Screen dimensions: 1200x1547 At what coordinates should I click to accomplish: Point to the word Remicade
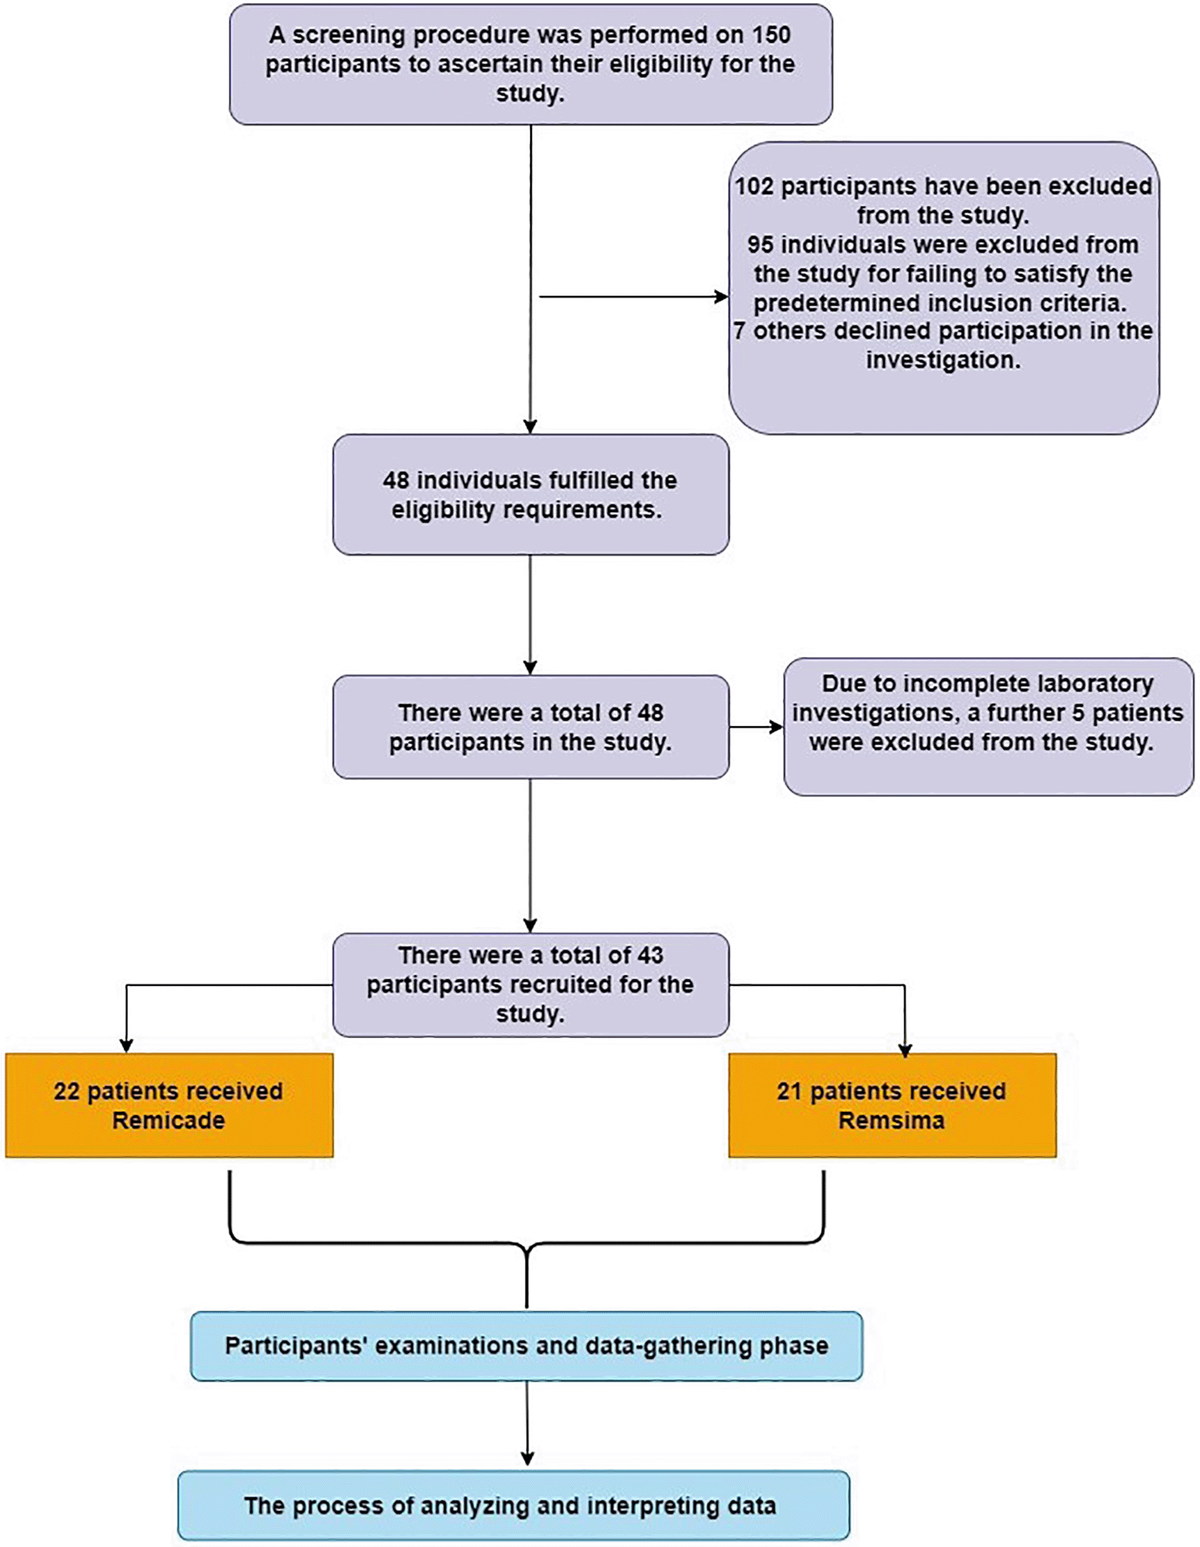[x=169, y=1120]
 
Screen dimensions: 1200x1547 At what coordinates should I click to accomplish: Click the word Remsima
[x=891, y=1120]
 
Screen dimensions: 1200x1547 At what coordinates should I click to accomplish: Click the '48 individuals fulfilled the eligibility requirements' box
[x=530, y=494]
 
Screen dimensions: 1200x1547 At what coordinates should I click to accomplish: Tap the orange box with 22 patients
[x=170, y=1105]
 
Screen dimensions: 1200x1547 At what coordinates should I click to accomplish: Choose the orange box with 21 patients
[x=892, y=1105]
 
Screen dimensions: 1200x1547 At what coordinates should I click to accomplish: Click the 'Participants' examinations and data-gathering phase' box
[x=526, y=1346]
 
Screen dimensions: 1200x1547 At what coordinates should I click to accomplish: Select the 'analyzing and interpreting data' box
[x=513, y=1504]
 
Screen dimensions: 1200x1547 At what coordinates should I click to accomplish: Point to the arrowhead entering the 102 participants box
[x=722, y=297]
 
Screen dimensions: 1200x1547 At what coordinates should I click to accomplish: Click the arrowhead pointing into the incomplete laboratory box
[x=776, y=727]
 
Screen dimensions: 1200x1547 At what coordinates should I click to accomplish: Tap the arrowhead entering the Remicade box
[x=126, y=1046]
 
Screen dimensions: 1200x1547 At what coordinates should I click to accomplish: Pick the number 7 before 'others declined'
[x=740, y=331]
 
